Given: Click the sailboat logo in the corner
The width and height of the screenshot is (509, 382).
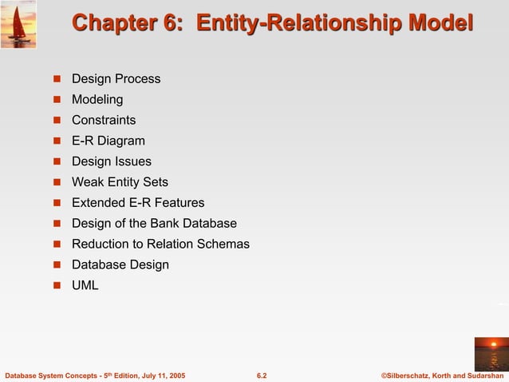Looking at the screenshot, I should click(x=18, y=24).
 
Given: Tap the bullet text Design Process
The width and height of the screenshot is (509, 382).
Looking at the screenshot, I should click(x=116, y=79).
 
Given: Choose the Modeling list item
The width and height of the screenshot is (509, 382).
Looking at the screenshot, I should click(x=97, y=100).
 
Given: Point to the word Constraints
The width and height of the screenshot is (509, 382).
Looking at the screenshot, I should click(x=104, y=121).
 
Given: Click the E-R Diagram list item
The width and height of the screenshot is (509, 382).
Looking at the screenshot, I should click(x=109, y=141).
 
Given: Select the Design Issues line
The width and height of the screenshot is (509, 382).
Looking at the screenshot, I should click(x=112, y=161).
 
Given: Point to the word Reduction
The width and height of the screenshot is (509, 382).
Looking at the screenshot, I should click(x=101, y=245).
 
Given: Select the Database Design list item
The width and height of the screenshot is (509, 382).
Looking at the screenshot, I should click(x=120, y=265).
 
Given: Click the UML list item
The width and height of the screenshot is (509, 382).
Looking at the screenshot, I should click(x=85, y=285).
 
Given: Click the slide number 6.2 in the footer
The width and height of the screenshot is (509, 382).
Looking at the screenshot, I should click(x=261, y=375).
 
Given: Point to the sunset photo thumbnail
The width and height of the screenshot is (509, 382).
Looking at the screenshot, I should click(x=491, y=353).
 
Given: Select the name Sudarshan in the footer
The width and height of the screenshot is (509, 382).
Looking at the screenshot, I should click(x=481, y=375).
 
